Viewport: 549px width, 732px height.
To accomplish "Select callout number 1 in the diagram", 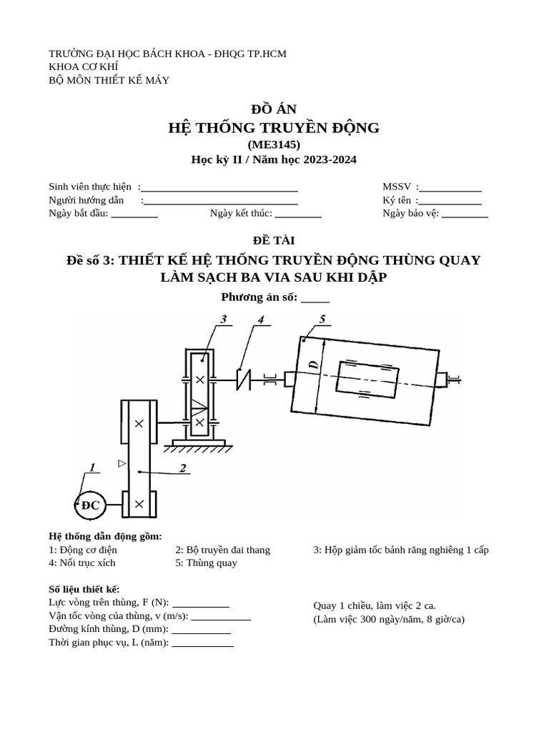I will [91, 468].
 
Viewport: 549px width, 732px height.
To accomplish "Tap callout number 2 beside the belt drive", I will [183, 468].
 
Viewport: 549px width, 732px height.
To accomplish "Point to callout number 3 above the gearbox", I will [224, 320].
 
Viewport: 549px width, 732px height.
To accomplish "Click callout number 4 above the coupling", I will [261, 320].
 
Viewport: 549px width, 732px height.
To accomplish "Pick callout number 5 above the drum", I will [322, 320].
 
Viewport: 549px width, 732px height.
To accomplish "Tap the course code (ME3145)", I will [274, 144].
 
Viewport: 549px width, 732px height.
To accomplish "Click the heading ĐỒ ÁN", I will [274, 109].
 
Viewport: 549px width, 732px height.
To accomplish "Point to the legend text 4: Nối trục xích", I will [82, 563].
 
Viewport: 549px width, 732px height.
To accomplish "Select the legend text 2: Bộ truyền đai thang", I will [223, 550].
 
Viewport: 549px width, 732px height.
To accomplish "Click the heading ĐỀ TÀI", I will [274, 240].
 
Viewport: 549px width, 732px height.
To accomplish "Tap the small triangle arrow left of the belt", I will [122, 464].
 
